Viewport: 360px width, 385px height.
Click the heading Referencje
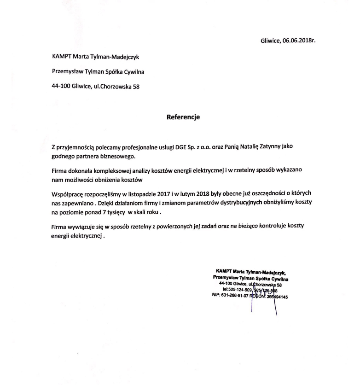[183, 117]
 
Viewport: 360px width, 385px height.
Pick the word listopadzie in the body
[151, 191]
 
